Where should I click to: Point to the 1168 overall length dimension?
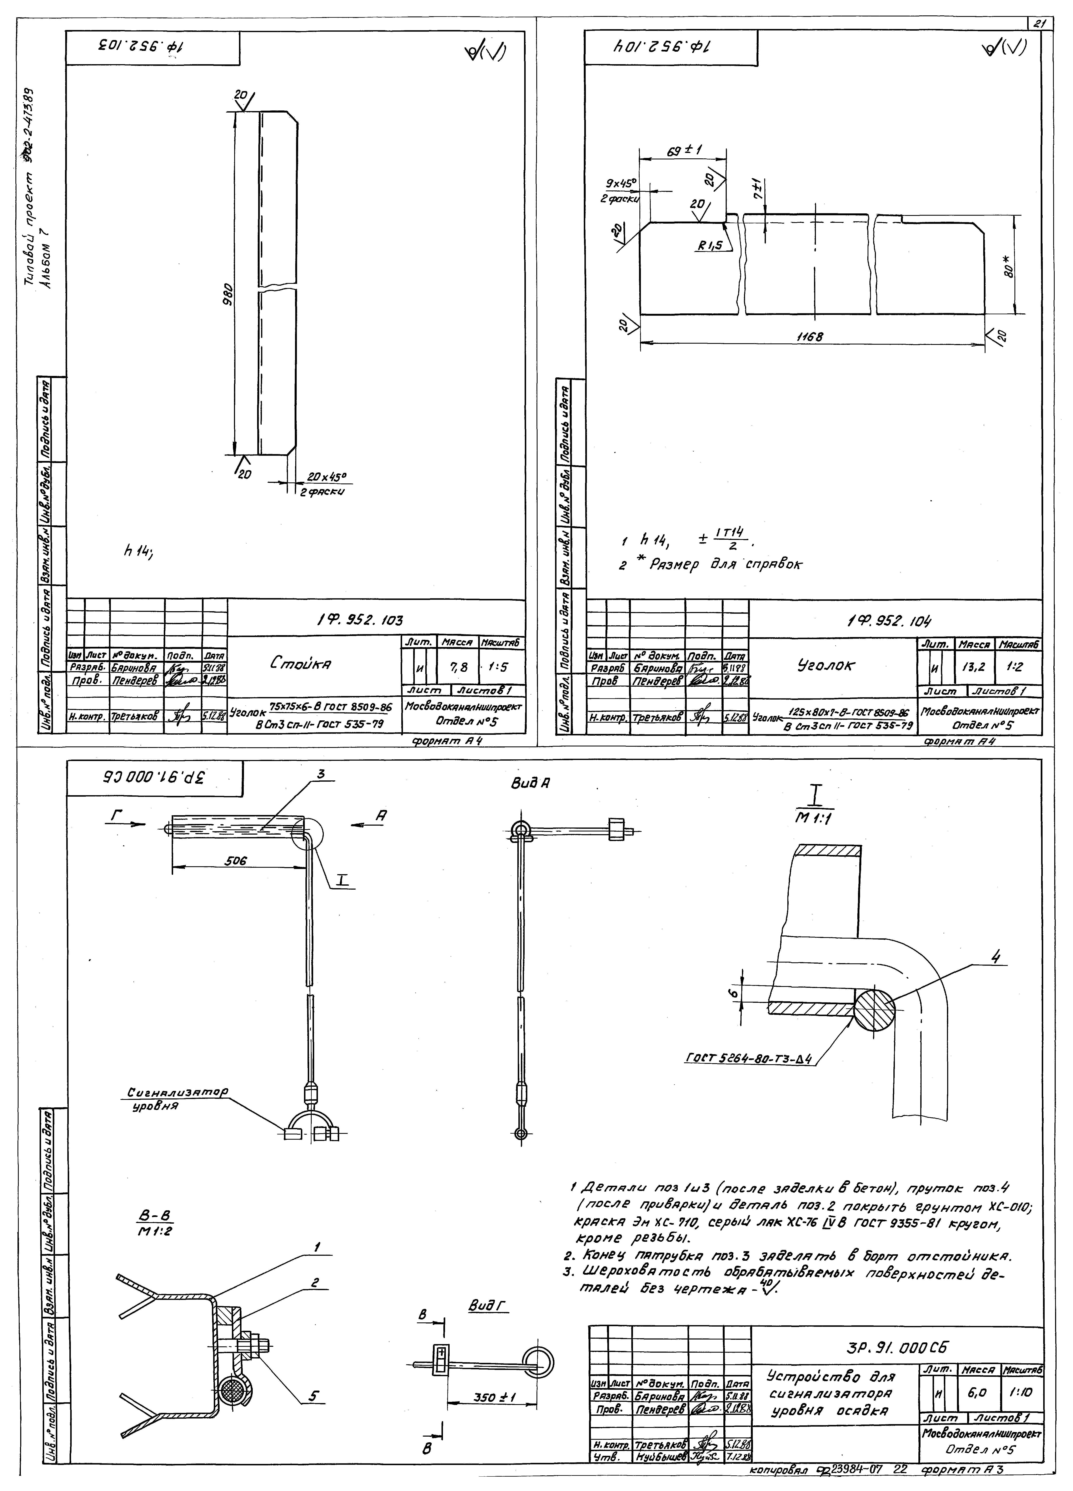(809, 336)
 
